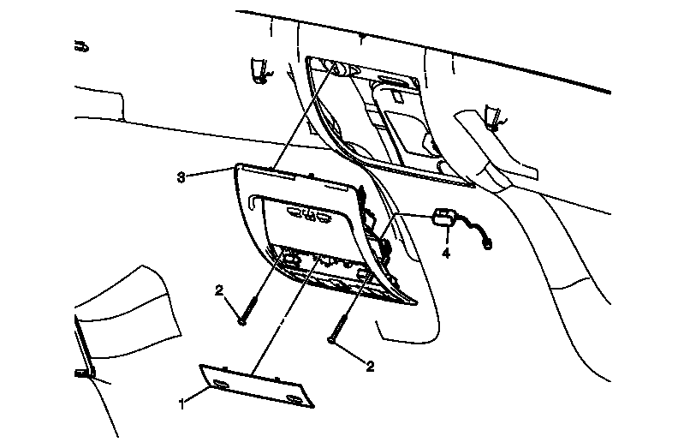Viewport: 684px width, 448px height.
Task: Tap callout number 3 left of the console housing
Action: (x=181, y=177)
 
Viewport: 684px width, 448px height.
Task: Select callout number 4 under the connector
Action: (x=446, y=253)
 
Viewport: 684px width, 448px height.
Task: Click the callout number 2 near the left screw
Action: (x=218, y=291)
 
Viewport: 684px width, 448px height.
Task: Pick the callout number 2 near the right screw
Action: (x=370, y=366)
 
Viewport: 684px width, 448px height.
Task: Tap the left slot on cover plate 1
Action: (x=220, y=382)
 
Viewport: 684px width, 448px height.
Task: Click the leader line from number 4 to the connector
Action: (x=446, y=236)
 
